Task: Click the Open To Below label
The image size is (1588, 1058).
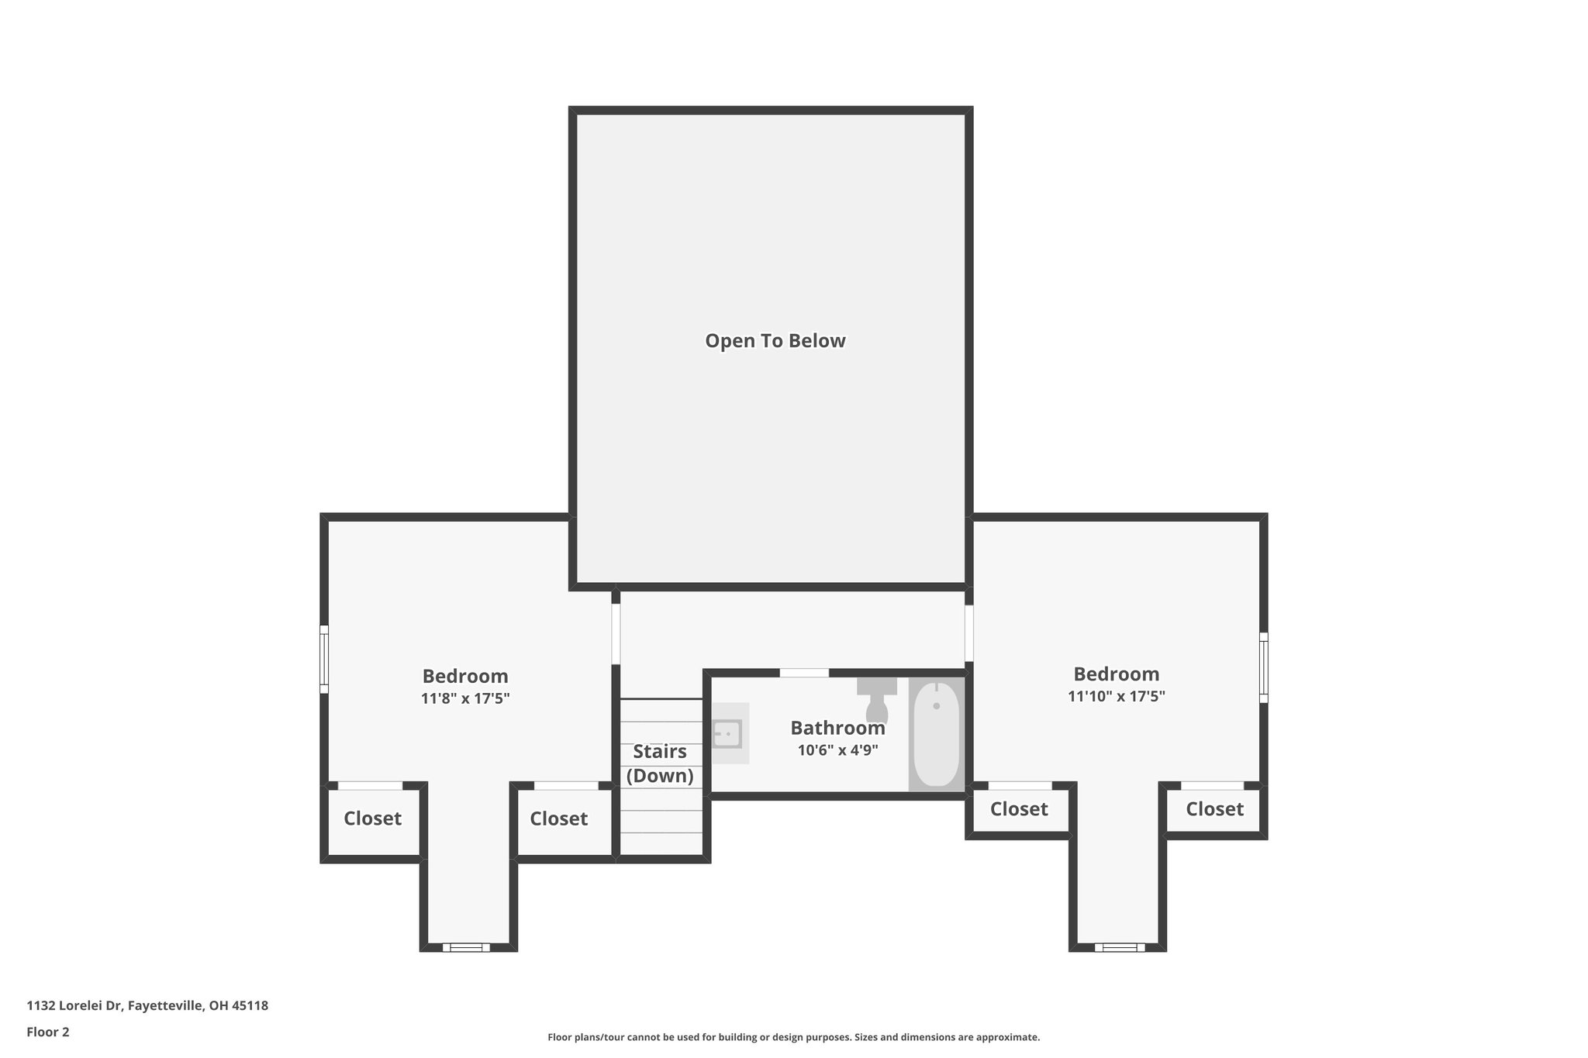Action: point(775,341)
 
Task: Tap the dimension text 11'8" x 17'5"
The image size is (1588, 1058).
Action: point(464,698)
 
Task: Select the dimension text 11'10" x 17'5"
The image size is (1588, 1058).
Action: point(1116,696)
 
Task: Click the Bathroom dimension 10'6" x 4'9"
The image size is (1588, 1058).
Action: point(837,750)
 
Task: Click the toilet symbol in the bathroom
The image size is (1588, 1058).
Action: point(876,701)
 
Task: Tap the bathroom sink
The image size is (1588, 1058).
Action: point(728,733)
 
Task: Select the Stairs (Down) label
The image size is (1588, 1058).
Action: point(660,763)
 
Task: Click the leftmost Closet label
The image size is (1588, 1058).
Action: point(372,818)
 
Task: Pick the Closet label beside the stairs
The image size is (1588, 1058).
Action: point(558,818)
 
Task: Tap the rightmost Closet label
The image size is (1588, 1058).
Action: point(1214,809)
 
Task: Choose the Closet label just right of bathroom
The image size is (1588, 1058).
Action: point(1019,809)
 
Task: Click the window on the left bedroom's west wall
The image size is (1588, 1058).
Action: point(325,660)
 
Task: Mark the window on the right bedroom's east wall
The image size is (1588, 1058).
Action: point(1263,667)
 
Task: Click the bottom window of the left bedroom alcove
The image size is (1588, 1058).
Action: point(466,947)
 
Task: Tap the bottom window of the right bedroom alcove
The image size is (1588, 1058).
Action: point(1120,947)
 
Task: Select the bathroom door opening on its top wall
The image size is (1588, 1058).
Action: point(804,673)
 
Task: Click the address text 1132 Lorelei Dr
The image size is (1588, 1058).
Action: point(147,1006)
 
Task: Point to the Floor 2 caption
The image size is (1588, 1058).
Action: point(48,1032)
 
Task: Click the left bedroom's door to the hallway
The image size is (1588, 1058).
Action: point(616,634)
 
